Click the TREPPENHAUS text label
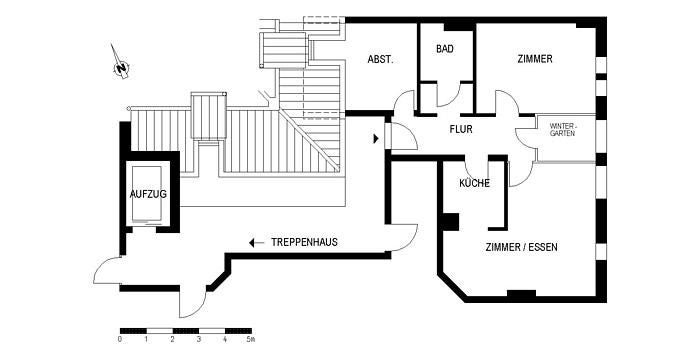(x=305, y=242)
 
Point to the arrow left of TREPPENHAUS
(x=257, y=242)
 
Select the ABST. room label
(x=380, y=60)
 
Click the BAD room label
(x=446, y=48)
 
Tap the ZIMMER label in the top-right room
(x=535, y=59)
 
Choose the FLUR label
(x=460, y=129)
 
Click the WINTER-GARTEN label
(x=562, y=129)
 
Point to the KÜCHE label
(x=473, y=184)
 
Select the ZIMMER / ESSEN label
(x=522, y=247)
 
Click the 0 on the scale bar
(x=119, y=341)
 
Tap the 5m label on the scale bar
(x=251, y=341)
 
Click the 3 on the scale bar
(x=198, y=341)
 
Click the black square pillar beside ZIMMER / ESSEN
(x=450, y=222)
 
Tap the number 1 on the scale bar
(x=146, y=341)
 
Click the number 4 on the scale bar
(x=225, y=341)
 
